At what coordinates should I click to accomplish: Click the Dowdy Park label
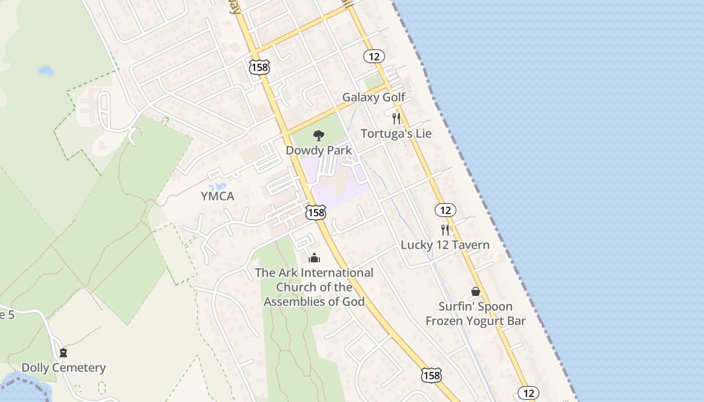click(x=318, y=150)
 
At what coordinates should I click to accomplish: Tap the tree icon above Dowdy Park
click(x=318, y=135)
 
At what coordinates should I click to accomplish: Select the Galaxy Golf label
click(x=374, y=97)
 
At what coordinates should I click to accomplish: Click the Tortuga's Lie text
click(x=396, y=134)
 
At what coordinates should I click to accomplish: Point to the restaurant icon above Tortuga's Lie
click(x=396, y=119)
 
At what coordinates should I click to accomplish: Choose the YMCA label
click(x=218, y=196)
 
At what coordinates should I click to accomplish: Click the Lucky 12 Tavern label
click(x=445, y=245)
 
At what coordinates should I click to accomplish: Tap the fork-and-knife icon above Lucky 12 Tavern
click(x=445, y=230)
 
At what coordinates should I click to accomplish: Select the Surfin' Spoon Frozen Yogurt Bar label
click(x=475, y=314)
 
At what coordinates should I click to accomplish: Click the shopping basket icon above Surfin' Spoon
click(x=475, y=291)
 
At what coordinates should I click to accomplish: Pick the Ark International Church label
click(x=314, y=287)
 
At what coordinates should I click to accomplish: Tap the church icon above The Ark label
click(x=314, y=258)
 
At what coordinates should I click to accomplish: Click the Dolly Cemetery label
click(x=64, y=368)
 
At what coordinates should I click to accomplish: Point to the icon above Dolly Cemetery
click(x=63, y=353)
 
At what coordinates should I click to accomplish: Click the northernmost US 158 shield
click(x=259, y=66)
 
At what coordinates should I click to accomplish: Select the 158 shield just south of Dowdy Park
click(x=316, y=213)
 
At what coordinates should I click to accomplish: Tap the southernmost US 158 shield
click(x=431, y=375)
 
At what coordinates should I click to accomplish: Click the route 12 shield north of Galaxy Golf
click(x=374, y=56)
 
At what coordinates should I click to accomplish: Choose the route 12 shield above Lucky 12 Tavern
click(x=445, y=210)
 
